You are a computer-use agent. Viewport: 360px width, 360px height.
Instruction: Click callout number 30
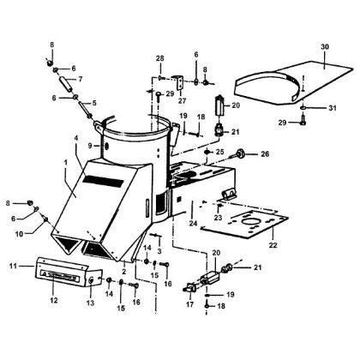tap(324, 45)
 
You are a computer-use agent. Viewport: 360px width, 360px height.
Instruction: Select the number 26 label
tap(265, 154)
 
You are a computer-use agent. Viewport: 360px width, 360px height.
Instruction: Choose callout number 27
tap(180, 99)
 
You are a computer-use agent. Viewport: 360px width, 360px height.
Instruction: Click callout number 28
tap(159, 57)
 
